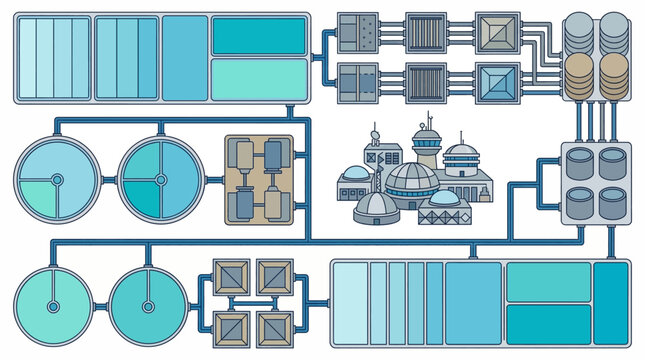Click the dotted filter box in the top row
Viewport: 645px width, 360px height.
[x=357, y=32]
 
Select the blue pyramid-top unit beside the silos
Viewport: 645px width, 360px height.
[x=497, y=82]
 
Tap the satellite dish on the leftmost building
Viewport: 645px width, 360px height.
[x=374, y=136]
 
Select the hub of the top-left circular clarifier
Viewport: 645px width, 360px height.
[x=57, y=180]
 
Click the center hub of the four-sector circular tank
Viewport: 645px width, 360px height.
[x=159, y=180]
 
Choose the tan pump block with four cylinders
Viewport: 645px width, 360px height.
[x=258, y=180]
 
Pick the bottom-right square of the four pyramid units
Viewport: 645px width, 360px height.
[x=274, y=326]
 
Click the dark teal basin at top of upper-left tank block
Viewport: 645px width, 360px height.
[x=259, y=36]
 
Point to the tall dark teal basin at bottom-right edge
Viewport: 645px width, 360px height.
[x=610, y=303]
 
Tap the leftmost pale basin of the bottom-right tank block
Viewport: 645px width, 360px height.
[x=349, y=303]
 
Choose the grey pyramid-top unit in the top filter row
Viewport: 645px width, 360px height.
[x=497, y=32]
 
